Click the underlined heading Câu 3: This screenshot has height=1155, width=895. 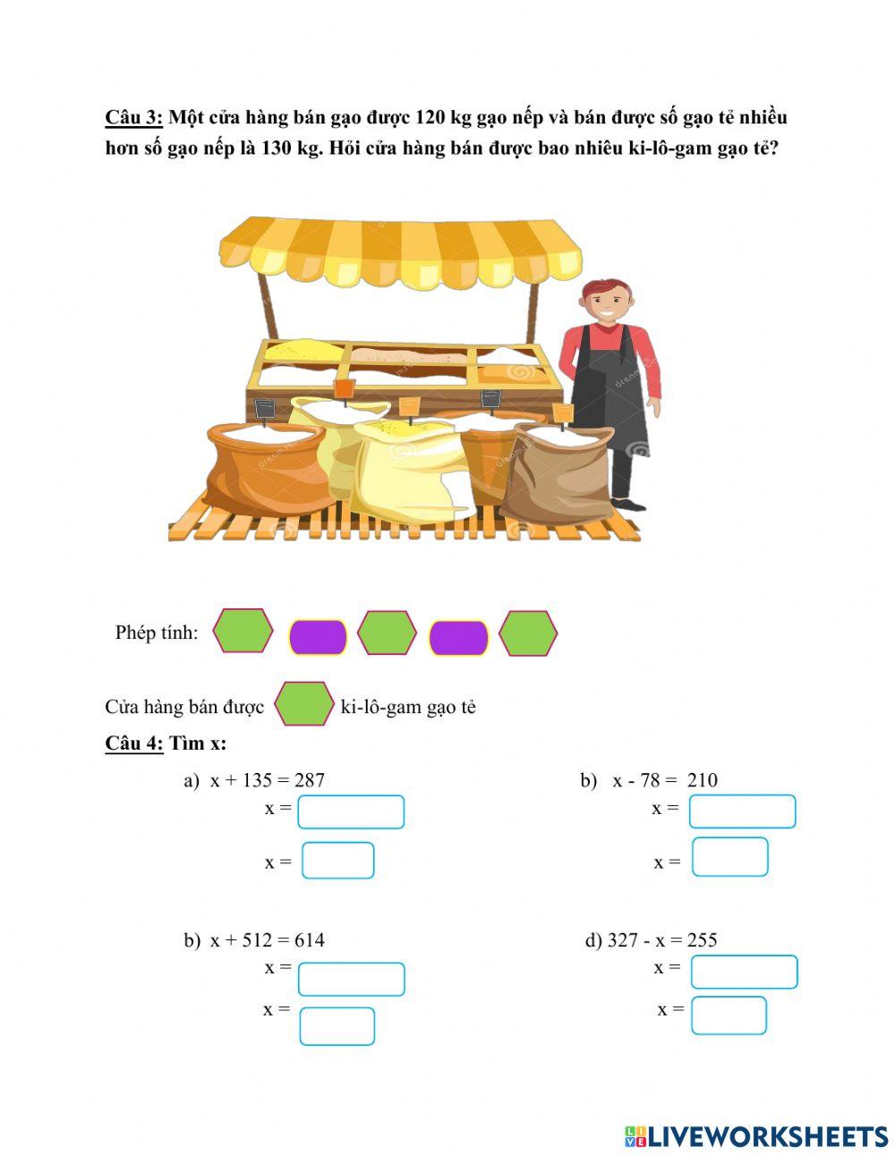(x=134, y=117)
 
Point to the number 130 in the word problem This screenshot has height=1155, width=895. (x=274, y=149)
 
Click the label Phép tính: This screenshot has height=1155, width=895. (x=157, y=633)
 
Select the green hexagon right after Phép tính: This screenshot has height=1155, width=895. (x=243, y=631)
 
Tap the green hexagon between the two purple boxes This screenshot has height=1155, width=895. (x=387, y=633)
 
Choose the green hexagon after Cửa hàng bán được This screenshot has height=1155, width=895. (x=304, y=704)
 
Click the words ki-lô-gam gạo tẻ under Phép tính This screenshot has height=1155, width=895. (x=408, y=708)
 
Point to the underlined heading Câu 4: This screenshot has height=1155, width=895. (x=134, y=743)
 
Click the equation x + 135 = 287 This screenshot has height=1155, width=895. (x=268, y=780)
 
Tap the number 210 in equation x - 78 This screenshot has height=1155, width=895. (x=702, y=780)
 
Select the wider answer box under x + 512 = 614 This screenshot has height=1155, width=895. (x=351, y=979)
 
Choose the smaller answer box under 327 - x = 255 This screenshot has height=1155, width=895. (x=729, y=1015)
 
